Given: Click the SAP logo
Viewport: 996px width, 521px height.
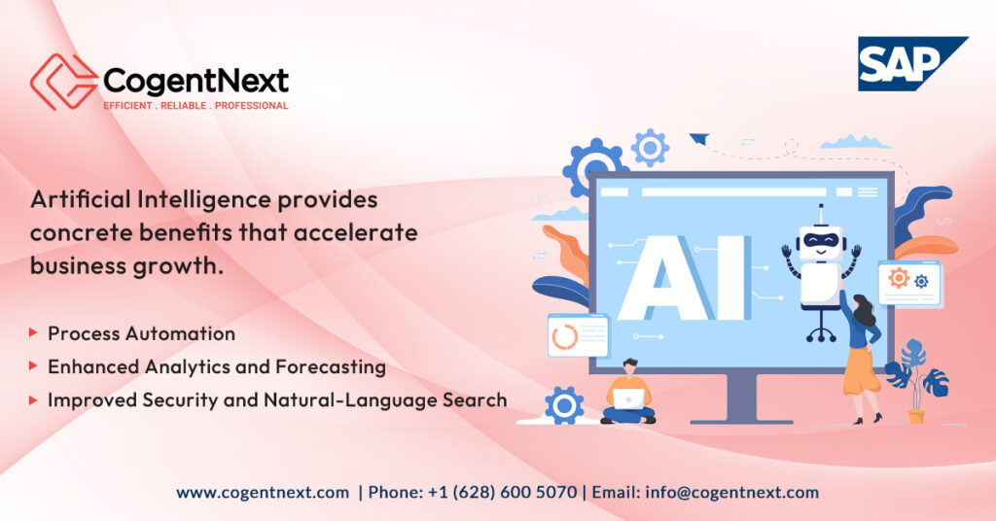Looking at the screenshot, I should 911,63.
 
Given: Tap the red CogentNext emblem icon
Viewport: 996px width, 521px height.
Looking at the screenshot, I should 62,82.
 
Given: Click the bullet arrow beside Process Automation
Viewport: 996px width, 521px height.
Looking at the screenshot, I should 34,333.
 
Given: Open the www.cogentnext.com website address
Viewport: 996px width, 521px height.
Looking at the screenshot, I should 263,493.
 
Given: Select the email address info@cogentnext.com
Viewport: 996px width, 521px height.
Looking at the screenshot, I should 731,493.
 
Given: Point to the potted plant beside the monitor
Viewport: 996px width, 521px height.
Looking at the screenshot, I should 914,379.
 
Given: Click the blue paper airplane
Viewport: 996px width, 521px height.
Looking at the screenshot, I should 698,140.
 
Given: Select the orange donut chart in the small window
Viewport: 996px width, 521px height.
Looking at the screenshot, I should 564,336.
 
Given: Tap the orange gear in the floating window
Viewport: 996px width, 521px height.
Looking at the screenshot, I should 898,278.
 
